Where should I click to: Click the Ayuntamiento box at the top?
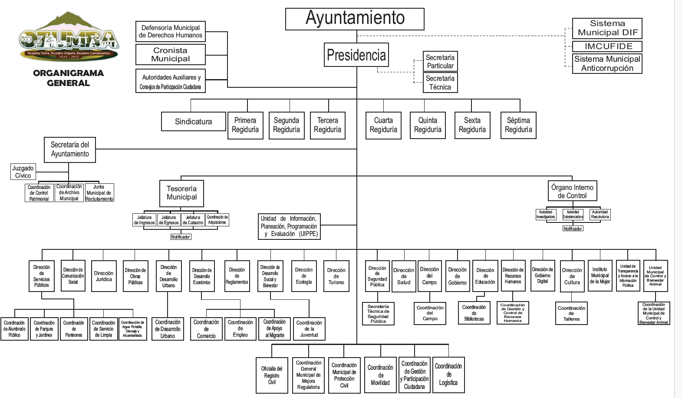(355, 19)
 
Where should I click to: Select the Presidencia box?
(356, 55)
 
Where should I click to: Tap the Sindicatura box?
(194, 122)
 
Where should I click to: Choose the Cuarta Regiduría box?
(383, 125)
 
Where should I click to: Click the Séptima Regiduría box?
(518, 125)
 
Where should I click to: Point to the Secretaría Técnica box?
(440, 83)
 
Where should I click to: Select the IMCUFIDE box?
(607, 46)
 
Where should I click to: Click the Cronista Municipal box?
(171, 55)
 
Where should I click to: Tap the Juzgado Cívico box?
(23, 172)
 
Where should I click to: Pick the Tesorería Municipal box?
(181, 193)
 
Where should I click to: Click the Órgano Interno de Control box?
(572, 192)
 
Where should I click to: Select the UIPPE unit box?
(289, 226)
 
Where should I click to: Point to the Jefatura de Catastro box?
(193, 220)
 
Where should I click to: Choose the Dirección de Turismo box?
(336, 276)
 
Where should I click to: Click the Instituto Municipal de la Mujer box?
(600, 275)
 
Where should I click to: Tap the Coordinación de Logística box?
(448, 375)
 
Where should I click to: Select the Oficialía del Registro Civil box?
(272, 375)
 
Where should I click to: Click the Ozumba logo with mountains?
(69, 36)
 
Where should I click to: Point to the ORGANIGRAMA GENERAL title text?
(69, 78)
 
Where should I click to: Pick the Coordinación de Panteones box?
(74, 329)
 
